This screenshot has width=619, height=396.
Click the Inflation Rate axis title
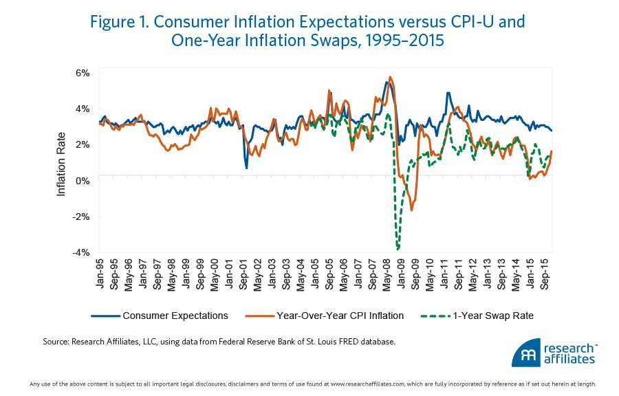[x=61, y=164]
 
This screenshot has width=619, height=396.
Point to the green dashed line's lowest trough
[x=398, y=248]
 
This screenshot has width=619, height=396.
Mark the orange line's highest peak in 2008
[x=390, y=77]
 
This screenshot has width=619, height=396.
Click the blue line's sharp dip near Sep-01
[x=246, y=167]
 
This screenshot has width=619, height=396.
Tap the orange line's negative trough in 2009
[x=411, y=210]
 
